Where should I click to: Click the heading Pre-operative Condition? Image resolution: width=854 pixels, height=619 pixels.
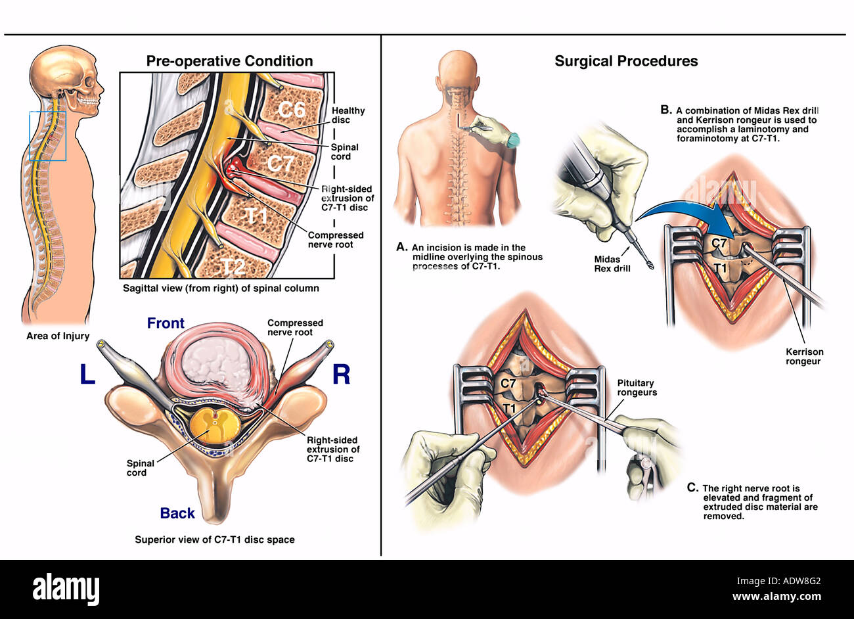[229, 61]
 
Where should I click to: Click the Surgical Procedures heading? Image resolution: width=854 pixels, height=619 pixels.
[626, 61]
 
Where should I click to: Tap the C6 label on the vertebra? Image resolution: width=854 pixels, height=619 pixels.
[291, 109]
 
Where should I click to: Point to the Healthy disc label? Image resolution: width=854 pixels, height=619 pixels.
[348, 115]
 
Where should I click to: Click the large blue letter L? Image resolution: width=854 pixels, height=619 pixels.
[87, 375]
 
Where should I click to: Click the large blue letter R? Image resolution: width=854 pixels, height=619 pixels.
[341, 375]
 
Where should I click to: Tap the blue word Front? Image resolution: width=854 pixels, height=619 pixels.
[166, 323]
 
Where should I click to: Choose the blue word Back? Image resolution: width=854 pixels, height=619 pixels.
[177, 513]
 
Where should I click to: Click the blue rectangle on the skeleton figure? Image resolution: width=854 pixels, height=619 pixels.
[48, 136]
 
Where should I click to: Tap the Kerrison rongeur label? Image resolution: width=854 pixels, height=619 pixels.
[803, 356]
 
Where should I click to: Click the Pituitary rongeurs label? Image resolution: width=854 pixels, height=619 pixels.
[637, 388]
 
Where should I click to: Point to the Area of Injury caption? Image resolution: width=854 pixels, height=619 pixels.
[57, 336]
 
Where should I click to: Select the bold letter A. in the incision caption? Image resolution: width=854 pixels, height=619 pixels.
[402, 248]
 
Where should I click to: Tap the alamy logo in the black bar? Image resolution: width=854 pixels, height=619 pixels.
[66, 588]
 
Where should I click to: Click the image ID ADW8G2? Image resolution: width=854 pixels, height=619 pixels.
[797, 580]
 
